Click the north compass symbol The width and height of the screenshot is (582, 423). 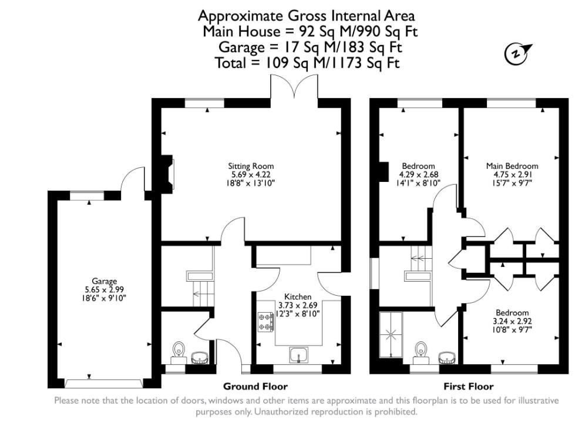pyautogui.click(x=516, y=53)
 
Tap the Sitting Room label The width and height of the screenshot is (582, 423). pyautogui.click(x=251, y=166)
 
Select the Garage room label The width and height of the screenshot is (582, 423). pyautogui.click(x=104, y=281)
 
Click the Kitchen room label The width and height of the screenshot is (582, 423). pyautogui.click(x=298, y=297)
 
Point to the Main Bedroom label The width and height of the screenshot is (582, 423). pyautogui.click(x=512, y=166)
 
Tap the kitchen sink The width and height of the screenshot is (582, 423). pyautogui.click(x=298, y=356)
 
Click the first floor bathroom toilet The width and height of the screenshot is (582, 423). pyautogui.click(x=420, y=350)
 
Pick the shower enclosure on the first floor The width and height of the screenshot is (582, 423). pyautogui.click(x=390, y=335)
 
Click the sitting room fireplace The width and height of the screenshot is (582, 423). pyautogui.click(x=168, y=173)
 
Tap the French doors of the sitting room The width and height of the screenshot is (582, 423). pyautogui.click(x=294, y=88)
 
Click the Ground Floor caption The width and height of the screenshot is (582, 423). pyautogui.click(x=255, y=387)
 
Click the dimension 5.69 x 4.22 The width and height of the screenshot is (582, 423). pyautogui.click(x=251, y=174)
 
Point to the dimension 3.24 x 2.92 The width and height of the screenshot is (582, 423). pyautogui.click(x=512, y=321)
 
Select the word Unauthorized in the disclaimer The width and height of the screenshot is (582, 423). pyautogui.click(x=285, y=412)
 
